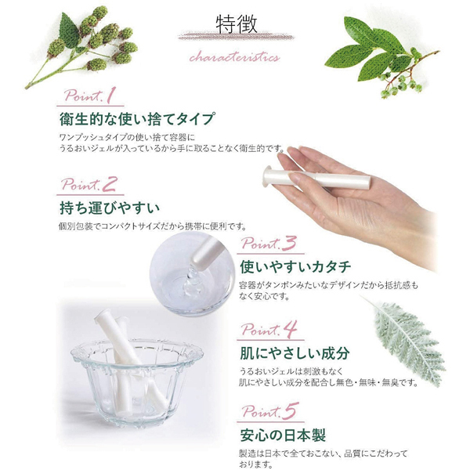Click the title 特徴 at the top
tap(234, 24)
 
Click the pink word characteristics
tap(234, 57)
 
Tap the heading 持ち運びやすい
tap(109, 208)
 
